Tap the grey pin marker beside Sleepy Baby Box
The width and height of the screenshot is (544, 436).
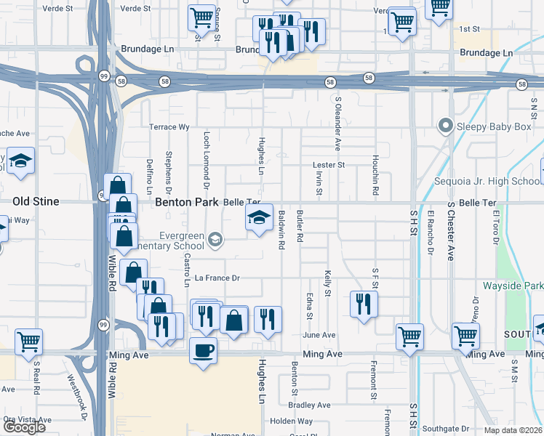pyautogui.click(x=446, y=126)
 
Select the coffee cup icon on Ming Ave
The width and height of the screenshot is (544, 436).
pyautogui.click(x=203, y=351)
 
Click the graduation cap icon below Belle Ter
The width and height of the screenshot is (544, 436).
pyautogui.click(x=259, y=217)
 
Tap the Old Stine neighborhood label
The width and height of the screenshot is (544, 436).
pyautogui.click(x=36, y=201)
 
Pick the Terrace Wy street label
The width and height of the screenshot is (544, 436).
pyautogui.click(x=169, y=127)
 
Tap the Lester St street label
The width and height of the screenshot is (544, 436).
pyautogui.click(x=329, y=165)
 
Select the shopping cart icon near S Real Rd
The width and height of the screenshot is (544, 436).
pyautogui.click(x=29, y=341)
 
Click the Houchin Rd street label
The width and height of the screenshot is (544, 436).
pyautogui.click(x=375, y=178)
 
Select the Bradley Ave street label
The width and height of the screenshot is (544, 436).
pyautogui.click(x=309, y=405)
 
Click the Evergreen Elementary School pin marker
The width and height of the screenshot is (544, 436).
pyautogui.click(x=215, y=239)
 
